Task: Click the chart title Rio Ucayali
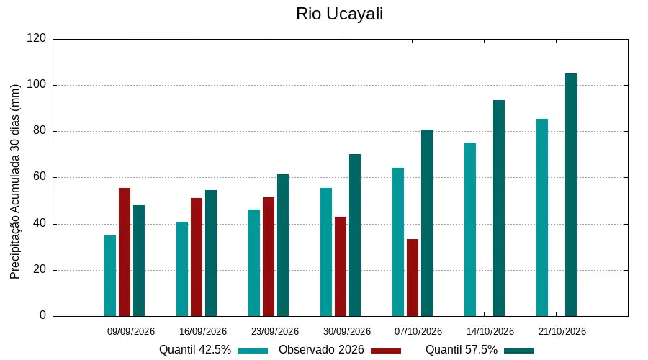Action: [339, 14]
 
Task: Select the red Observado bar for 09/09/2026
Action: [125, 252]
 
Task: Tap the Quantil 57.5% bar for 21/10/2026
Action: [571, 195]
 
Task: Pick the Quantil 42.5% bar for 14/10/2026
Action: [470, 230]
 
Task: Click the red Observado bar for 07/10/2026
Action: [413, 278]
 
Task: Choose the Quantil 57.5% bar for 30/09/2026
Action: [354, 235]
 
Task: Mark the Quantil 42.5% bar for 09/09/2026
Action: [110, 276]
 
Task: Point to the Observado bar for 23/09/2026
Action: [269, 256]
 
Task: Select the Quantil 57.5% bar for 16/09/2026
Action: [211, 253]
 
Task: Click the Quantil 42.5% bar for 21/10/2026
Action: [542, 218]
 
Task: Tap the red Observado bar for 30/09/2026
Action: [341, 266]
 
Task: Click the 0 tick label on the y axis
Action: [42, 315]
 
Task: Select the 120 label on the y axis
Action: [37, 38]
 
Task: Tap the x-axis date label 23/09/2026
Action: [275, 331]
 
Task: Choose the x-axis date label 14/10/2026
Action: [490, 331]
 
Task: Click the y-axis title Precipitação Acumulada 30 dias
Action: [15, 182]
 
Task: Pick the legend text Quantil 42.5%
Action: [195, 350]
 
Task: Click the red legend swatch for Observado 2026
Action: [386, 351]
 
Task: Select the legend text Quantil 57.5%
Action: [462, 350]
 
